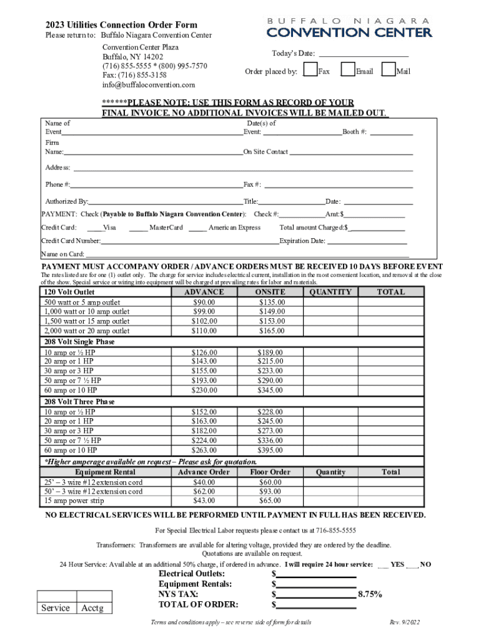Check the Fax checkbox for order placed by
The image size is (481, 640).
tap(310, 70)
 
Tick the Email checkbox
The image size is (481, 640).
tap(348, 70)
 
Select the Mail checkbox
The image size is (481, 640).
tap(389, 70)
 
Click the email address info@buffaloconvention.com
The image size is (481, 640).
tap(149, 84)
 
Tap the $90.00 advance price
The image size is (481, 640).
tap(204, 302)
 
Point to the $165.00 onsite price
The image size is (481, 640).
tap(271, 331)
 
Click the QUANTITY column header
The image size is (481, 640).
tap(330, 292)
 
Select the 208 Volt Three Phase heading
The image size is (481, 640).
tap(79, 402)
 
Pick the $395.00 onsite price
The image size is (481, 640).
tap(271, 450)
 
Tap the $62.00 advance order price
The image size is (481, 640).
tap(204, 491)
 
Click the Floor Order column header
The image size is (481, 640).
tap(270, 472)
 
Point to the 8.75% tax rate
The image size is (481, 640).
tap(370, 594)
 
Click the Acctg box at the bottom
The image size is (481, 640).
tap(92, 608)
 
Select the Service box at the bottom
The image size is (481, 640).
tap(56, 608)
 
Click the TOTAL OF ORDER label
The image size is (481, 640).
tap(198, 604)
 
